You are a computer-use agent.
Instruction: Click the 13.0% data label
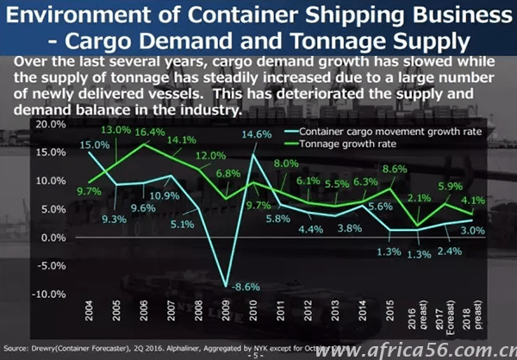[117, 129]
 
